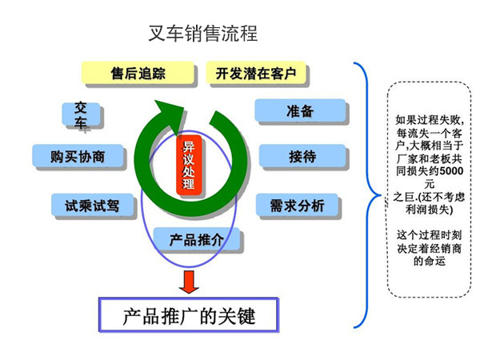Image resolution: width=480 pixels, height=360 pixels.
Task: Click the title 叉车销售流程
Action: coord(203,33)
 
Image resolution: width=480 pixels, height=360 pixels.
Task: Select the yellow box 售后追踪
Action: coord(138,74)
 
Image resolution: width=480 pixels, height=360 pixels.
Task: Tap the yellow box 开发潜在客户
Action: coord(256,74)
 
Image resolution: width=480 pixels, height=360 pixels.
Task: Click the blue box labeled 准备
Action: coord(299,111)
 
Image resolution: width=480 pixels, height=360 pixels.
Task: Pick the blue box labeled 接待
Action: coord(301,157)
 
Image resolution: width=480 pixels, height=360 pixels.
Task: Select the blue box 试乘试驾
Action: coord(92,206)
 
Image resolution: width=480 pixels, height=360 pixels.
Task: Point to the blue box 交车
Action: coord(81,115)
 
